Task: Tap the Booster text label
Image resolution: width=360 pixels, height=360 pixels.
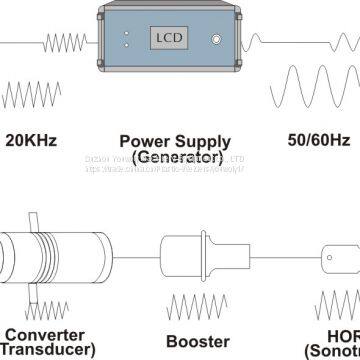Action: coord(184,337)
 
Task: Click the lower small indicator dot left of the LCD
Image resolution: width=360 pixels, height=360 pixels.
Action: coord(126,46)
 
